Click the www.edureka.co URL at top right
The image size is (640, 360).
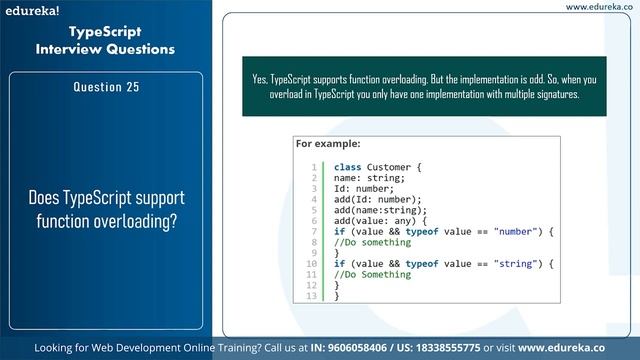[x=601, y=7]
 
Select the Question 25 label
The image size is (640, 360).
[x=105, y=87]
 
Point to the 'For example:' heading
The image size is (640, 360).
[x=328, y=144]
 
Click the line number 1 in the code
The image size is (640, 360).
[x=314, y=167]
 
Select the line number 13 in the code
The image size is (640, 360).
[x=311, y=296]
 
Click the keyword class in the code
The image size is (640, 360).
[x=347, y=167]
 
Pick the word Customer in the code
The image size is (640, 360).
[x=388, y=167]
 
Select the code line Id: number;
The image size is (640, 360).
[x=364, y=188]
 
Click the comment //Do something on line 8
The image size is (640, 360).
[x=372, y=242]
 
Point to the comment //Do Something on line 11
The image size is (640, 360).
[x=372, y=274]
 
